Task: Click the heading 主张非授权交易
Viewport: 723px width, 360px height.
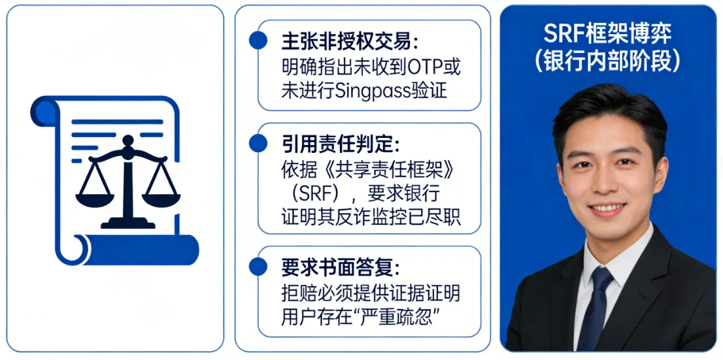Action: pos(350,42)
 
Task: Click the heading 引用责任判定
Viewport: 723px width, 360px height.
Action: pos(341,145)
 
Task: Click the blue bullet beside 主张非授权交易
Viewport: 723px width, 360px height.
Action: pos(258,41)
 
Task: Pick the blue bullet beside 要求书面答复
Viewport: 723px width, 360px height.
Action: pos(258,267)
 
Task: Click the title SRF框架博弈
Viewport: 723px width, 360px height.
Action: pos(608,33)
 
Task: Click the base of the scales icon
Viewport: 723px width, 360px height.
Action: pos(127,223)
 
